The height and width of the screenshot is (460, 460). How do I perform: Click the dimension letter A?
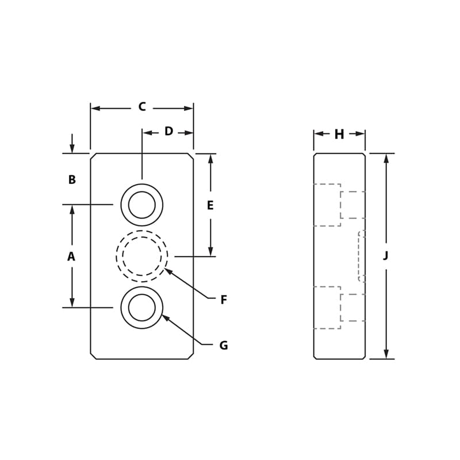point(71,256)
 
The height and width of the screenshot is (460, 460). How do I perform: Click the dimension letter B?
point(72,180)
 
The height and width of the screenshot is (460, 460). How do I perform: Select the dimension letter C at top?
point(142,107)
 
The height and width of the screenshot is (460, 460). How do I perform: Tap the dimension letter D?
point(168,132)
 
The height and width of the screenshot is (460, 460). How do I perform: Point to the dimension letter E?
point(210,205)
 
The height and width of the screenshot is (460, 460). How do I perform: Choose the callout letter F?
point(224,300)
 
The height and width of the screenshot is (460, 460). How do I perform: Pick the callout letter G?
point(224,346)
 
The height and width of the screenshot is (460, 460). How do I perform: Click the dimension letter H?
point(339,135)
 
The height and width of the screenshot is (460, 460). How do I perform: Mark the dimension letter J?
point(386,256)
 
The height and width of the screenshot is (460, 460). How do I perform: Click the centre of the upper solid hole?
point(142,205)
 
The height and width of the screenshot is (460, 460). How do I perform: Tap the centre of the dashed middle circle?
point(142,256)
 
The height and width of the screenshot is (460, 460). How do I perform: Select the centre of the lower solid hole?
point(142,308)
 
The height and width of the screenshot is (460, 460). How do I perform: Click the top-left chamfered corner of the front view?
point(93,156)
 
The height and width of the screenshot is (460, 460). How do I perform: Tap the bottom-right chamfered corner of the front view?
point(191,356)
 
